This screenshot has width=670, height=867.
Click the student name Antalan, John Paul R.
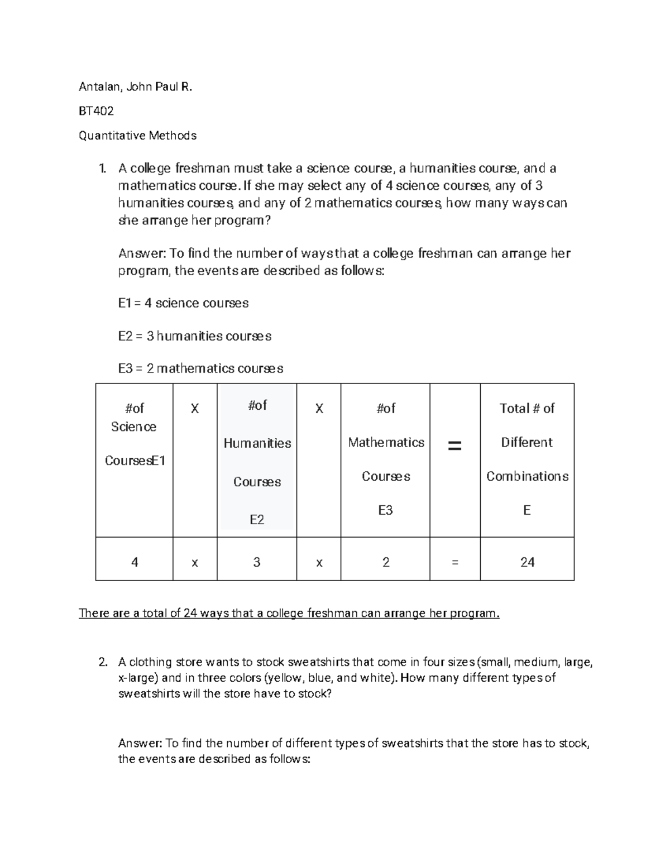point(135,87)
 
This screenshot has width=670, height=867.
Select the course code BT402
point(96,111)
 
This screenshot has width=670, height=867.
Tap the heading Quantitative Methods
point(137,136)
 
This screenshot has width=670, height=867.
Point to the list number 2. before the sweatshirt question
point(102,663)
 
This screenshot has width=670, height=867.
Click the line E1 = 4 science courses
point(183,303)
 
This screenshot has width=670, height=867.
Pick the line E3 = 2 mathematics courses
point(200,368)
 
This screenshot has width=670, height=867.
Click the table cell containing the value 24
point(527,562)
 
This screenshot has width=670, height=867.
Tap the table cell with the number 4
point(135,562)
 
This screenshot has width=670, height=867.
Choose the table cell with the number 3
point(257,562)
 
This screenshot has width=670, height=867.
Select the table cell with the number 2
point(385,562)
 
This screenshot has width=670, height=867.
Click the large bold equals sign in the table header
point(454,446)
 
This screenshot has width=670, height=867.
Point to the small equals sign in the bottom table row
point(454,563)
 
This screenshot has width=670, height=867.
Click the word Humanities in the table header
point(257,443)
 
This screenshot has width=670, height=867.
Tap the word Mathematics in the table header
point(386,443)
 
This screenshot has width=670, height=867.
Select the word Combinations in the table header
point(527,476)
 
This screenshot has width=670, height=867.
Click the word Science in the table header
point(133,427)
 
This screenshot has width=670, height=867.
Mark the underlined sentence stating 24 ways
point(289,614)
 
